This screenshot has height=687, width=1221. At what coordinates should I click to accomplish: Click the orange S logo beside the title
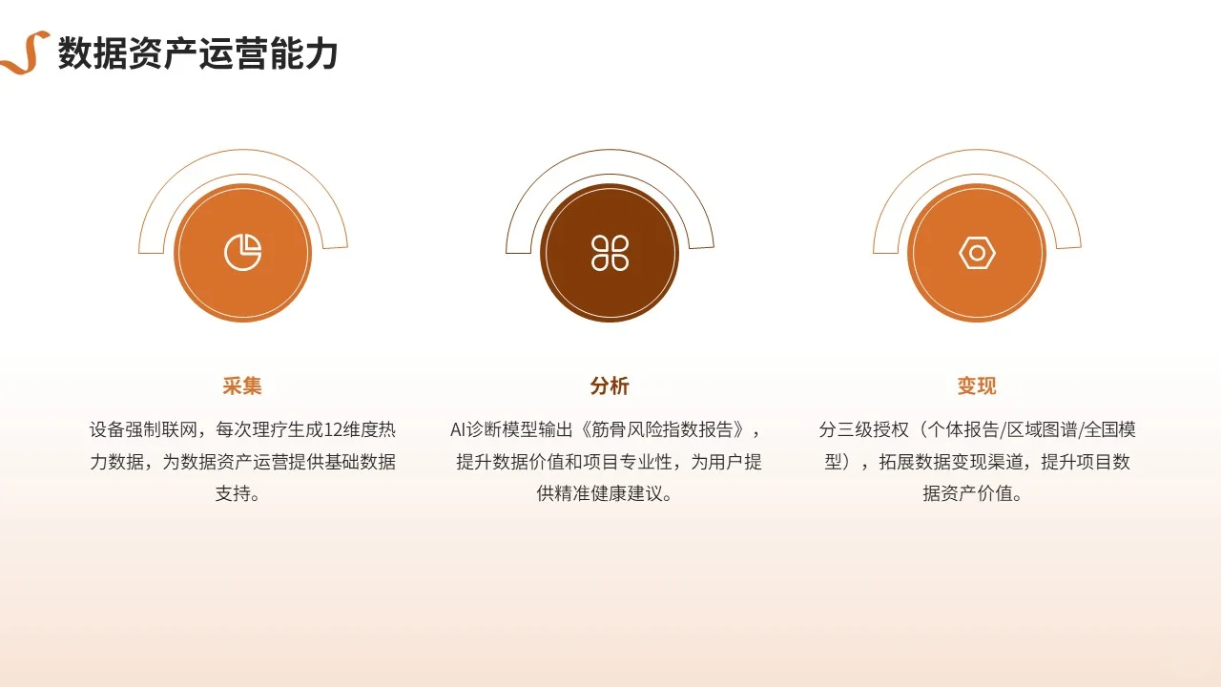tap(26, 52)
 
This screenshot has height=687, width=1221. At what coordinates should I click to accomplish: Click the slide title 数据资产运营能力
tap(197, 53)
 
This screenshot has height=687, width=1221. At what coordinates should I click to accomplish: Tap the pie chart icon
tap(243, 253)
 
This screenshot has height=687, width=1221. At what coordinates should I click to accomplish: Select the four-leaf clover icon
tap(610, 253)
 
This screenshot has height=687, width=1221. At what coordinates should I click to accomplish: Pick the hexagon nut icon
tap(977, 253)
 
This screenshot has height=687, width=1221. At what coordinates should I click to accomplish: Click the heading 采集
tap(242, 385)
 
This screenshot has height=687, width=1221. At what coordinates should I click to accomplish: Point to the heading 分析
tap(610, 385)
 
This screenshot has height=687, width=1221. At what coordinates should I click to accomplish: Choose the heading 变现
tap(977, 385)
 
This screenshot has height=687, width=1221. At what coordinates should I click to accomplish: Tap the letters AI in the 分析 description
tap(459, 429)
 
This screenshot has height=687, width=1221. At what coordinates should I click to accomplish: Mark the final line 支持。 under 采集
tap(242, 494)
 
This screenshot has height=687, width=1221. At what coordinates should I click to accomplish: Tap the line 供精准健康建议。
tap(610, 494)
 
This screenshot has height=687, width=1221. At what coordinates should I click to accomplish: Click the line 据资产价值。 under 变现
tap(977, 494)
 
